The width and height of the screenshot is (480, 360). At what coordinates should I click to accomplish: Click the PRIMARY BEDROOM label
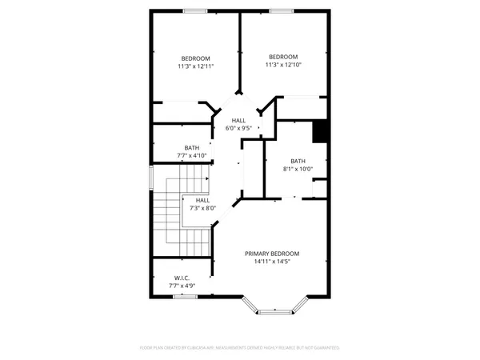278,254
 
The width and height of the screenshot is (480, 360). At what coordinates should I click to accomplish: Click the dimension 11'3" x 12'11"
195,66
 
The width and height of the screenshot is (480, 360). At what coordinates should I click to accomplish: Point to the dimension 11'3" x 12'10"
283,65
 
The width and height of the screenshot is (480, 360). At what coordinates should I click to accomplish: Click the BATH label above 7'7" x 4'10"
192,147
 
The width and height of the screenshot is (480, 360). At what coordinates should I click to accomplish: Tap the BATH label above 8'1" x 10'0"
298,161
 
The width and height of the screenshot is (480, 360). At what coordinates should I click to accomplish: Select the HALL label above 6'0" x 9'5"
238,120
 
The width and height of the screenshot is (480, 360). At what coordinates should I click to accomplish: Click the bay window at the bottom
275,307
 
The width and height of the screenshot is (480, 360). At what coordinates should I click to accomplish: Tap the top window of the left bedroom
195,10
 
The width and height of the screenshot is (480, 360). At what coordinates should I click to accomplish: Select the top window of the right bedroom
281,10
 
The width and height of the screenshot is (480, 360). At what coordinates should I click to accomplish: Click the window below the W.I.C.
184,297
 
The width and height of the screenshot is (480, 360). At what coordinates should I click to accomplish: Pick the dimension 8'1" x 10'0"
298,169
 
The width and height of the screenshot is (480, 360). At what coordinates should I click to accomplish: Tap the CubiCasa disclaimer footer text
240,348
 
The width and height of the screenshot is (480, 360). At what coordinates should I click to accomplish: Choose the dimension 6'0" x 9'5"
238,128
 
